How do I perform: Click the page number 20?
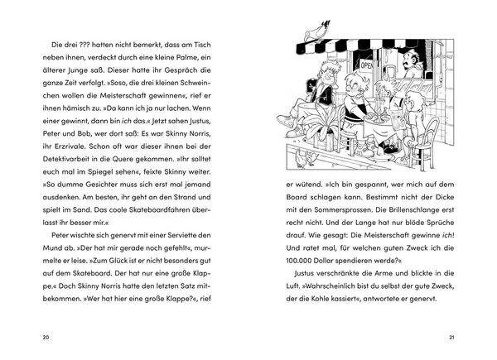[x=45, y=337]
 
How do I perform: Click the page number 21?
[x=451, y=337]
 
